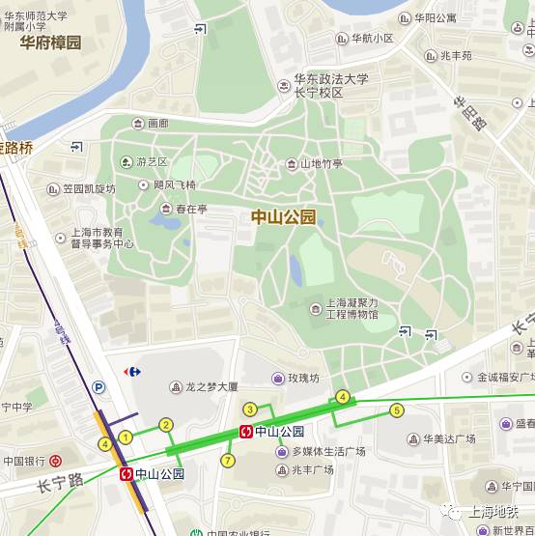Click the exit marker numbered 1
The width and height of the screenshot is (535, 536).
click(x=125, y=437)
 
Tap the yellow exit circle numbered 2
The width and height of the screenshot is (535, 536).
click(x=166, y=425)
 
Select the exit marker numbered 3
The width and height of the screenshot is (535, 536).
click(x=249, y=409)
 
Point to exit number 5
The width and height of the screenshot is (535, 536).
click(x=396, y=410)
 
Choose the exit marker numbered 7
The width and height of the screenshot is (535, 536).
click(x=228, y=461)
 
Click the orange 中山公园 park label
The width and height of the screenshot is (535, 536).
click(x=283, y=218)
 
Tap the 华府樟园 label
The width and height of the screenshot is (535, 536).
click(x=44, y=42)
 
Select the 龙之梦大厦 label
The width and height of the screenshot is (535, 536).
click(x=210, y=386)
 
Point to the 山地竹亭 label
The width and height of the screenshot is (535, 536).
click(x=321, y=164)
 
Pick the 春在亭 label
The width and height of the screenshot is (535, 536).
click(x=191, y=208)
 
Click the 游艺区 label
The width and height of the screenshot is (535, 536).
click(x=152, y=161)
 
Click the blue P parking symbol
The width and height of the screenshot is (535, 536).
click(x=98, y=387)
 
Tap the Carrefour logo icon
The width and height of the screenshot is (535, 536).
click(x=133, y=371)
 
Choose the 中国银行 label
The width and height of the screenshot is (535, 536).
click(x=22, y=461)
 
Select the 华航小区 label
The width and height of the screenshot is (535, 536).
click(x=371, y=39)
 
